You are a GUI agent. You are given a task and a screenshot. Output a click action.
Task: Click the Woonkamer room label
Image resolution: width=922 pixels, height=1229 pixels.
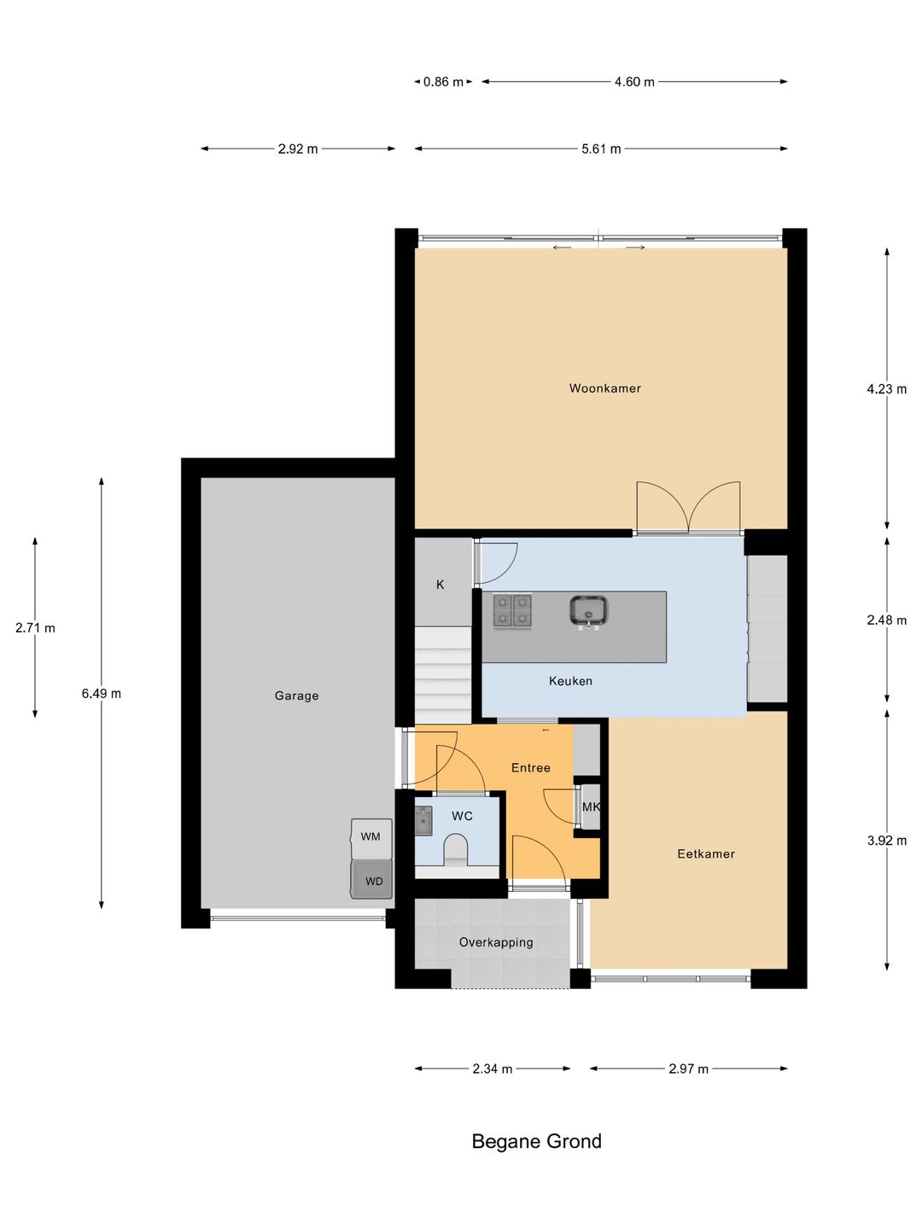(x=604, y=388)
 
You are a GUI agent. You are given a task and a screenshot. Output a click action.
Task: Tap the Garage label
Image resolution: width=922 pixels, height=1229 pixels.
(x=296, y=696)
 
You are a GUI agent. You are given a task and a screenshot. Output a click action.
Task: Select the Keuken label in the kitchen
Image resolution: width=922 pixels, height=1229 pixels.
(x=570, y=681)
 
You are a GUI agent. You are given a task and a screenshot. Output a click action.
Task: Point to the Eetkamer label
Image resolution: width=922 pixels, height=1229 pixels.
(x=705, y=853)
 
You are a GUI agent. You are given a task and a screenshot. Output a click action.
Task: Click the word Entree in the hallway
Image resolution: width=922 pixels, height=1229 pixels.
(x=531, y=767)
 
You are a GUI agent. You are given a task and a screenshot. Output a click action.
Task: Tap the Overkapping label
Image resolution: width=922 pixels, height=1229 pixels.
(x=495, y=942)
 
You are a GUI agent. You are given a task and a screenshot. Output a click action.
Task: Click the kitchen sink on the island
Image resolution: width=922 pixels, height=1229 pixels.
(x=588, y=611)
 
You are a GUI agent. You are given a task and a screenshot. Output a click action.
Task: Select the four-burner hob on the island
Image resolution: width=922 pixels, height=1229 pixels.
(x=512, y=611)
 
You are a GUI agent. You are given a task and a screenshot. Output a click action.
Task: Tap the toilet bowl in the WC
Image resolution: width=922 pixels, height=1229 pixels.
(x=458, y=851)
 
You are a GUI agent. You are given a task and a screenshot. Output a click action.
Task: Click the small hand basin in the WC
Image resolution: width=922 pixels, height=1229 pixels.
(x=423, y=821)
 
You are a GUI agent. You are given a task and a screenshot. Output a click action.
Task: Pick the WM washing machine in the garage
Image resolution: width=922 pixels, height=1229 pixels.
(x=371, y=838)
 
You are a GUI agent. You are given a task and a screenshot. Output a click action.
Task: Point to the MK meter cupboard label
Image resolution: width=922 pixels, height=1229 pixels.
(x=591, y=807)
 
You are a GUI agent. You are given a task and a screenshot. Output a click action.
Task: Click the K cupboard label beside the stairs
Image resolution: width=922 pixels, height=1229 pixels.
(x=440, y=585)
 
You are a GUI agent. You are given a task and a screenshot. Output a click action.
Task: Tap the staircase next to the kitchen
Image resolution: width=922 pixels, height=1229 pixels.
(x=443, y=675)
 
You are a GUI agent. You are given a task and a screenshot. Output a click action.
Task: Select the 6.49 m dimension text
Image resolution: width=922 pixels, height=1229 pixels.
(x=102, y=694)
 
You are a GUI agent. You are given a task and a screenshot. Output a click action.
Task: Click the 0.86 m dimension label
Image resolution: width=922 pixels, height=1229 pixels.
(x=443, y=82)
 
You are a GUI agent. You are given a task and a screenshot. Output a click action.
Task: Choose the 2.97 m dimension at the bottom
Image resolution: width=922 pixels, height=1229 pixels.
(x=689, y=1069)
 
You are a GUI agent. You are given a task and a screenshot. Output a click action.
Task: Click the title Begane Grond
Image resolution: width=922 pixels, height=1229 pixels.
(x=536, y=1141)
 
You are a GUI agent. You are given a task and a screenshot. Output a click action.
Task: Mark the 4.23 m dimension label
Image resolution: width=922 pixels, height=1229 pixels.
(x=887, y=388)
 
